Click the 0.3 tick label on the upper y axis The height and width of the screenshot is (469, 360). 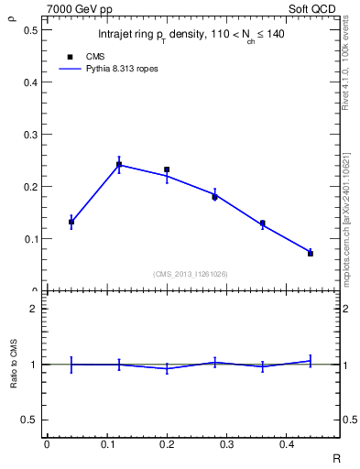click(x=31, y=135)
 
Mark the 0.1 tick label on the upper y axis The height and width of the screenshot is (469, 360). click(x=31, y=239)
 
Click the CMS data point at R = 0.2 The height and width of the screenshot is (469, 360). click(x=167, y=169)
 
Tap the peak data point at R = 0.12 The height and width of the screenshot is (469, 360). click(x=119, y=165)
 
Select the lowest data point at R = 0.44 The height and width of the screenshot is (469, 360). click(x=311, y=253)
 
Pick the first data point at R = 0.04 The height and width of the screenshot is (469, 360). click(x=71, y=222)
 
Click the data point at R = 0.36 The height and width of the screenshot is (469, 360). click(x=262, y=223)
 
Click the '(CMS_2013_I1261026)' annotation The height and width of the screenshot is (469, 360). click(x=191, y=273)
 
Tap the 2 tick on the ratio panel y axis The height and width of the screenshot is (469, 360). click(x=35, y=309)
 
